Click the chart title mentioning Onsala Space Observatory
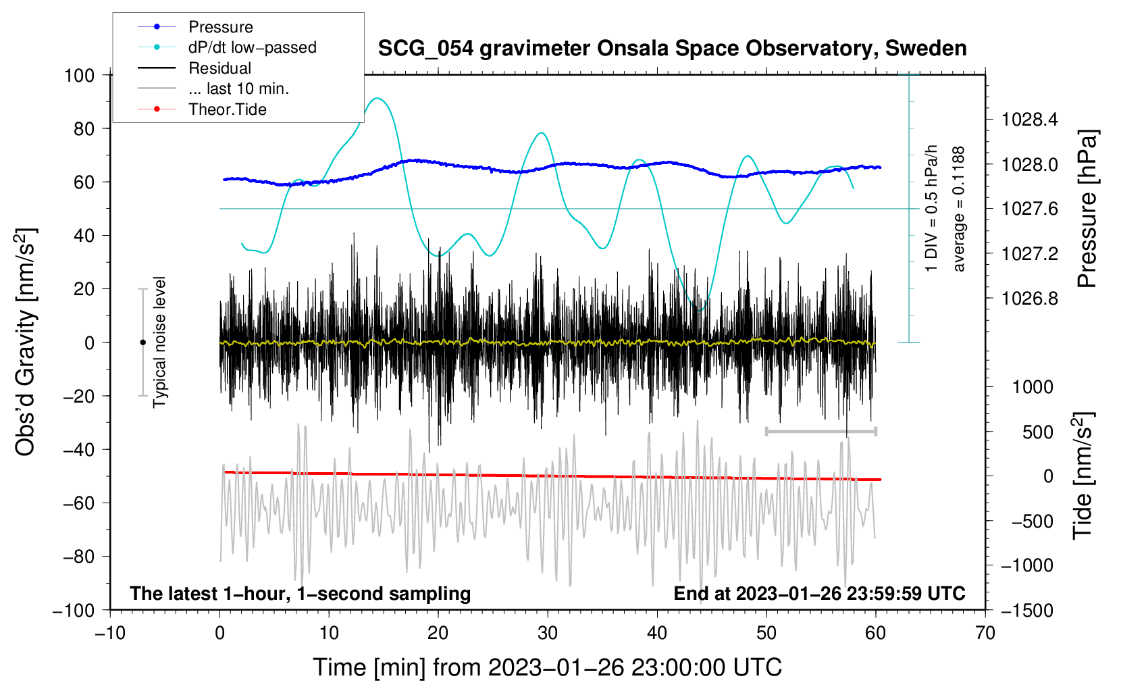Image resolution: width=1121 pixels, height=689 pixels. [672, 49]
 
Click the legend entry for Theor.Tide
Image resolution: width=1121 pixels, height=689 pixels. [227, 109]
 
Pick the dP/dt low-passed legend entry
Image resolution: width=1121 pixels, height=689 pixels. [252, 47]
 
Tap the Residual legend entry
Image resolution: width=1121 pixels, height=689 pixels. [219, 68]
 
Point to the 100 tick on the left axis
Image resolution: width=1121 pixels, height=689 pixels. [79, 75]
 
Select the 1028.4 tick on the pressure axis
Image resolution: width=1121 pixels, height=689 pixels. [1030, 120]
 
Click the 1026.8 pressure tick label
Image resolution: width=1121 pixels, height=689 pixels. [1030, 299]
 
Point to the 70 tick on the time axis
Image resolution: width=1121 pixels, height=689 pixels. [985, 633]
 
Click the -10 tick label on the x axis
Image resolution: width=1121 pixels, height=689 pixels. [110, 633]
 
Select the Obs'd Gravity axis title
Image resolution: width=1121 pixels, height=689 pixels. [26, 342]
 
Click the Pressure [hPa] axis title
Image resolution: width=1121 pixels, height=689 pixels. [1087, 209]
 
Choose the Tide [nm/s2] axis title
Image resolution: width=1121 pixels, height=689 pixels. [1083, 476]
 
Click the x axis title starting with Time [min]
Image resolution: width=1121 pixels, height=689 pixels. [547, 667]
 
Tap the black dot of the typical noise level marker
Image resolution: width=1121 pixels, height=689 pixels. [142, 342]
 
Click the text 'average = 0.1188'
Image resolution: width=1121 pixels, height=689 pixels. [959, 209]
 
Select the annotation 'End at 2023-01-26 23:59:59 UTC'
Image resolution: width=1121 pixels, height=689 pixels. [819, 594]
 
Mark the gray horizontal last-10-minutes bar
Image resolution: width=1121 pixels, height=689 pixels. [820, 431]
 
